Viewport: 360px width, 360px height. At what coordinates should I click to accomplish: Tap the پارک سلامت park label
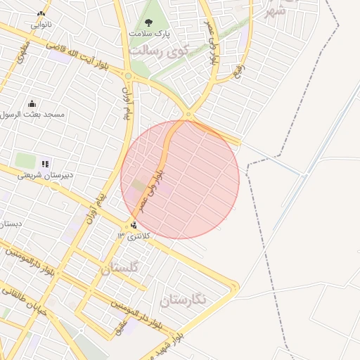[x=149, y=33]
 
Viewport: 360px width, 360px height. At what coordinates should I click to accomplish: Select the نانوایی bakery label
[x=40, y=24]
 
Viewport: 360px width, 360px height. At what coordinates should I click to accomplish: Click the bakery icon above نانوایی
[x=41, y=13]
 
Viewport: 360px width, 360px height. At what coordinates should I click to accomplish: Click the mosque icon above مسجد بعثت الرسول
[x=32, y=104]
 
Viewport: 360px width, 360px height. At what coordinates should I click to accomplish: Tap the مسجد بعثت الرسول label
[x=33, y=114]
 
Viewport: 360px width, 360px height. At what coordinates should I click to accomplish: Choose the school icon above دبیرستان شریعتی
[x=45, y=164]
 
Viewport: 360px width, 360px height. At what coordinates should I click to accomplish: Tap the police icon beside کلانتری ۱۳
[x=134, y=225]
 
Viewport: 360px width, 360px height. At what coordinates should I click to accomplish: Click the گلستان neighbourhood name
[x=120, y=268]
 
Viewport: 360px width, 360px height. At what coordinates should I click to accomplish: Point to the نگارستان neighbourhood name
[x=184, y=300]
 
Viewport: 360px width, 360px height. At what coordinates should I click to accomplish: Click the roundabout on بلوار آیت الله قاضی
[x=129, y=75]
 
